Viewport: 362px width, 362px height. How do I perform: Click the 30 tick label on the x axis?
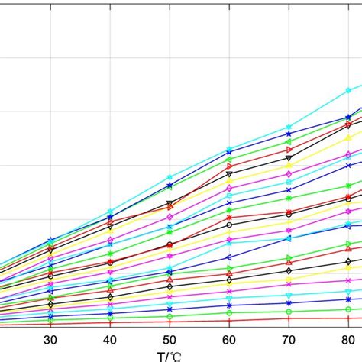50,339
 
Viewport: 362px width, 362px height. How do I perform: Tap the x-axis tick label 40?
110,339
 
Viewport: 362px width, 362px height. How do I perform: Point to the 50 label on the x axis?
170,339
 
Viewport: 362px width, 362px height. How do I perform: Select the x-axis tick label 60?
228,339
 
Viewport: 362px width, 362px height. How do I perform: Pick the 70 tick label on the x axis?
288,339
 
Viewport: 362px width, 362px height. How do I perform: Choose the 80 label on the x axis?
347,339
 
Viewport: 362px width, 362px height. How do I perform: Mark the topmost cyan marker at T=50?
170,177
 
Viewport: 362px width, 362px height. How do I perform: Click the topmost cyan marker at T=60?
228,149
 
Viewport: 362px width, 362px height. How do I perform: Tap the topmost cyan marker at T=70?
288,127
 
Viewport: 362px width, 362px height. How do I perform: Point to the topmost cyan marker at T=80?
347,89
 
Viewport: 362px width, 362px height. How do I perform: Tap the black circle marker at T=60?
228,225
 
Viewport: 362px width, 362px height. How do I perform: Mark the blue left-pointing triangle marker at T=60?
228,256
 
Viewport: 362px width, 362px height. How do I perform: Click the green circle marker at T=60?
228,313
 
